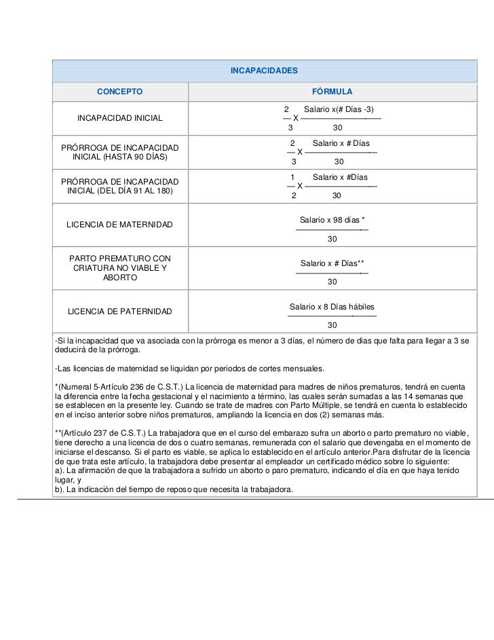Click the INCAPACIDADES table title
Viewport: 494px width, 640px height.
pos(264,71)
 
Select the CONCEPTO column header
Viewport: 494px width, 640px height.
pos(119,91)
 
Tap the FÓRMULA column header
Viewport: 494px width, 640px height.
pos(332,91)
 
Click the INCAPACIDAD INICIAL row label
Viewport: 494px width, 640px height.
pos(120,118)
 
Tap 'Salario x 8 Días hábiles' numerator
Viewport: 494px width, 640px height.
pos(332,307)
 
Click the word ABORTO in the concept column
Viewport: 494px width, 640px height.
pos(120,278)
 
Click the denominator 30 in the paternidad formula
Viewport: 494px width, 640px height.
pos(332,325)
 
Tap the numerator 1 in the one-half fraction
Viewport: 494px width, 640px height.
pos(292,177)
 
